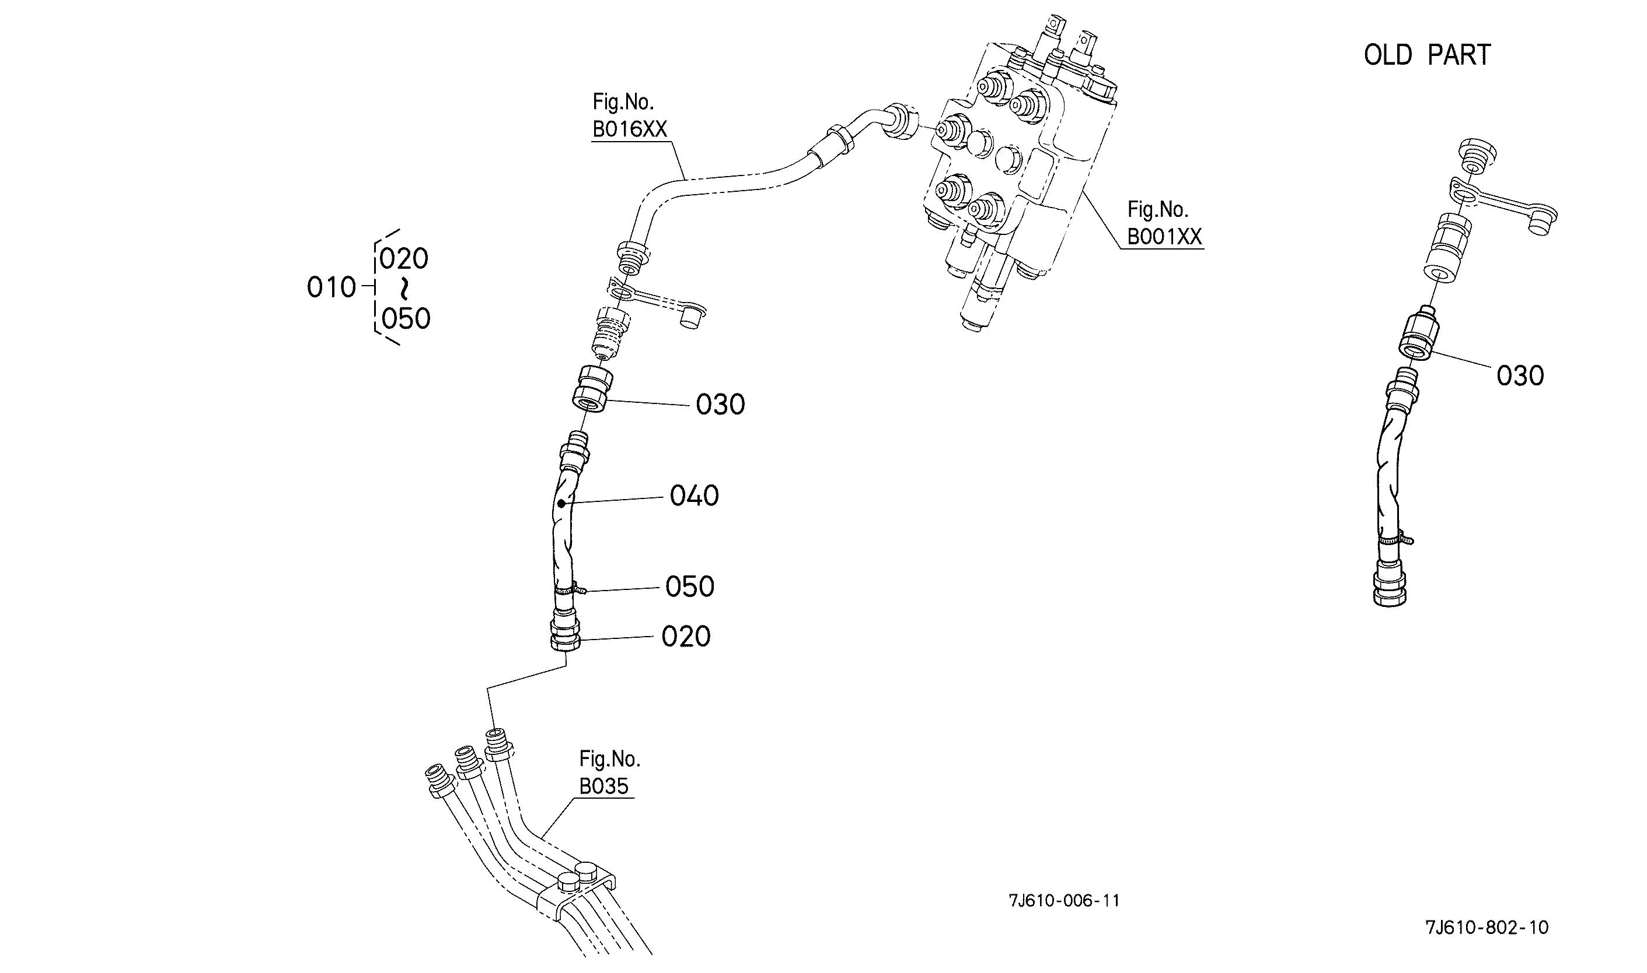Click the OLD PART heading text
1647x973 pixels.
[1427, 55]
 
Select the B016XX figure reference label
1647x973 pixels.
[629, 116]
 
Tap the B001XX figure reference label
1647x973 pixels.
[1165, 223]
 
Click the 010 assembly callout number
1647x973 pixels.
[332, 287]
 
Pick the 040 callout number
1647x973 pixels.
[695, 496]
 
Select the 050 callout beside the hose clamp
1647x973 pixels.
[690, 586]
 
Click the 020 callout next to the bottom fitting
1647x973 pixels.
[686, 636]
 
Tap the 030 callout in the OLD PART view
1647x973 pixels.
[1520, 375]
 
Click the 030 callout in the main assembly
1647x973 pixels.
[720, 405]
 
